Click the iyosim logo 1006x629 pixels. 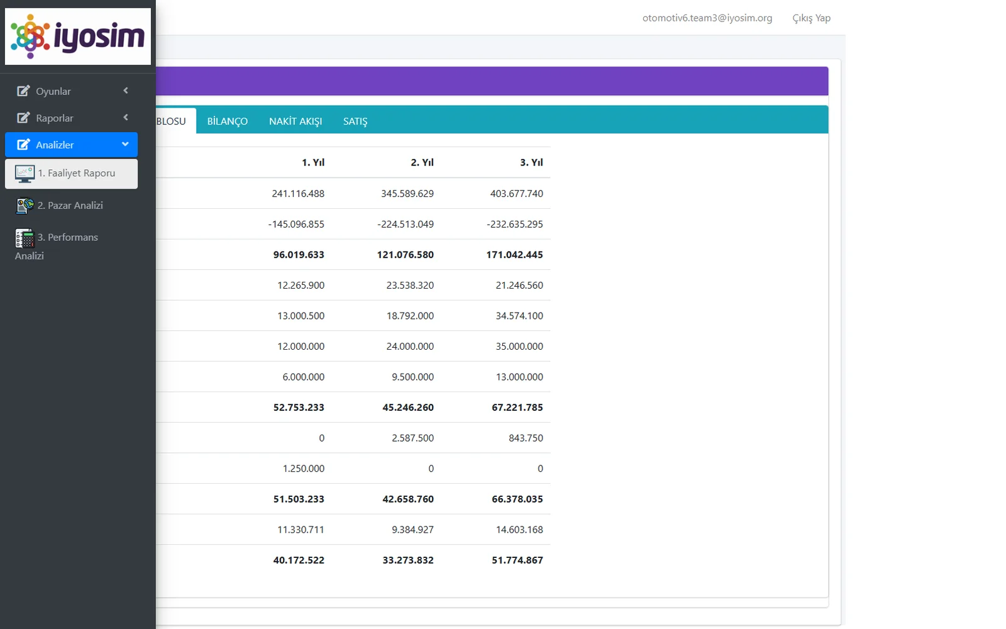(78, 36)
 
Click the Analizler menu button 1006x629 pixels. (72, 145)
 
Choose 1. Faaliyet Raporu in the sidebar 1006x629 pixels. (72, 174)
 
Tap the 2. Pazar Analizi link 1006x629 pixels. (70, 205)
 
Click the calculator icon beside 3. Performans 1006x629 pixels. (25, 238)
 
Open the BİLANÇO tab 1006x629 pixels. (227, 121)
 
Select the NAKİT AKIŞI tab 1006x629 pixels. (296, 121)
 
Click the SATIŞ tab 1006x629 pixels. (355, 121)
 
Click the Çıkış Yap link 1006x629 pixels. (812, 18)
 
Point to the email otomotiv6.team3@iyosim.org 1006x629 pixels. (707, 18)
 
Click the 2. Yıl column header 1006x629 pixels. (422, 162)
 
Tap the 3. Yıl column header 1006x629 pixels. (531, 162)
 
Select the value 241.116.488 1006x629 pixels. (298, 194)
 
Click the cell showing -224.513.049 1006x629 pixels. (406, 224)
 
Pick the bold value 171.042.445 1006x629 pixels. (515, 255)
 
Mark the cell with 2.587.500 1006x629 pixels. (412, 438)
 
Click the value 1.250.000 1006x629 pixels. (304, 469)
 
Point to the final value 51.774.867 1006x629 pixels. (517, 560)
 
